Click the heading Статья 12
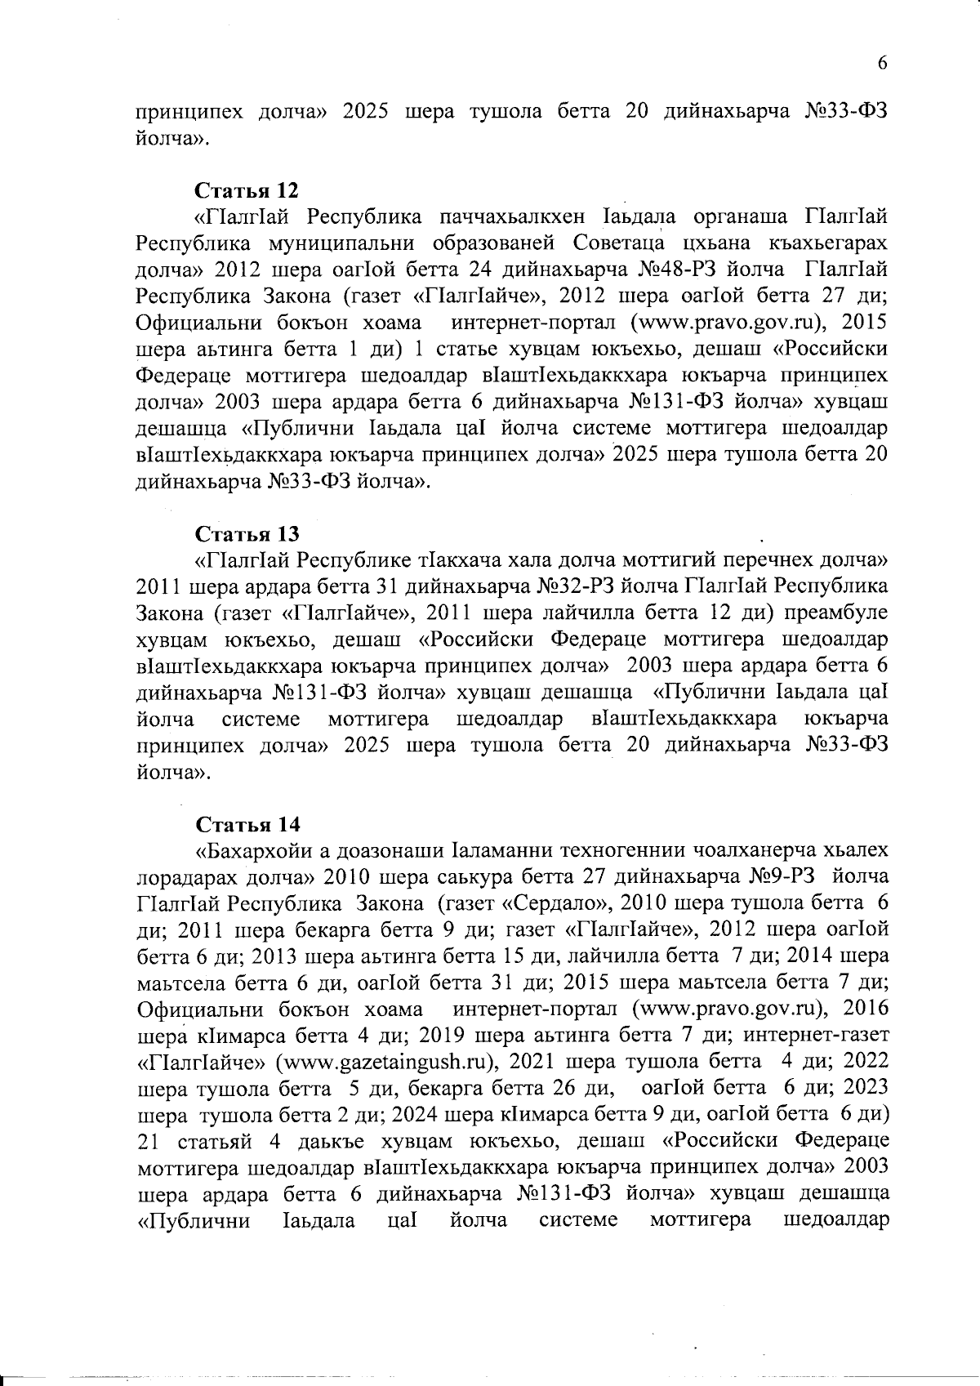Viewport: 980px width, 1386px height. [x=247, y=190]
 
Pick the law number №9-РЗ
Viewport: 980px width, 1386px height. [x=782, y=877]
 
